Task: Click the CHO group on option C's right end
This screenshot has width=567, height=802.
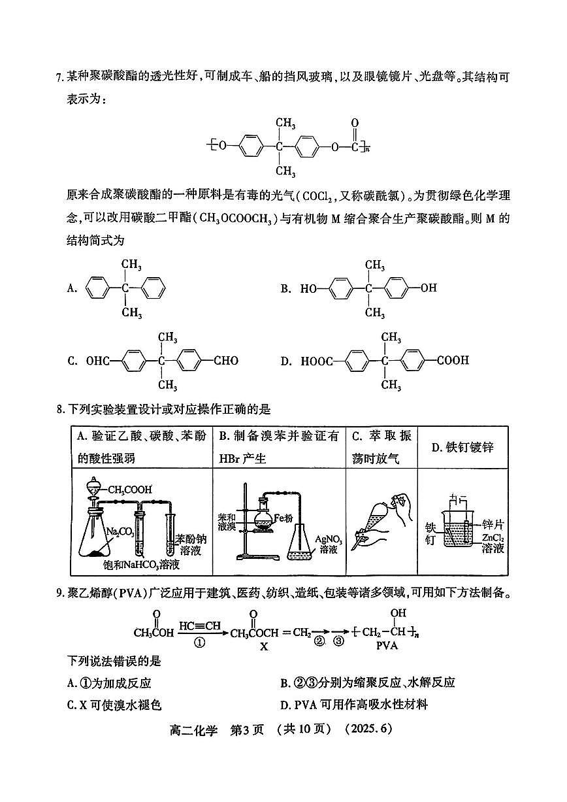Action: pyautogui.click(x=226, y=360)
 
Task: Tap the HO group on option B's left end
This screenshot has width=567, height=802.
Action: pyautogui.click(x=308, y=288)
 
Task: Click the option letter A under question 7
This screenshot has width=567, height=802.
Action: pyautogui.click(x=72, y=288)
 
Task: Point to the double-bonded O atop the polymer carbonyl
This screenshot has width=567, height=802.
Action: pyautogui.click(x=355, y=123)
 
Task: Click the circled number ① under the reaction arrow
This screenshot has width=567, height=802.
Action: pyautogui.click(x=200, y=643)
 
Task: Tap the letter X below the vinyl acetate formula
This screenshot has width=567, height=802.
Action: pyautogui.click(x=264, y=646)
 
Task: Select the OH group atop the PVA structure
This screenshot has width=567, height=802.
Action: pyautogui.click(x=398, y=613)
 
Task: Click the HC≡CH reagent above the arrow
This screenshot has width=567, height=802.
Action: pyautogui.click(x=199, y=626)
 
